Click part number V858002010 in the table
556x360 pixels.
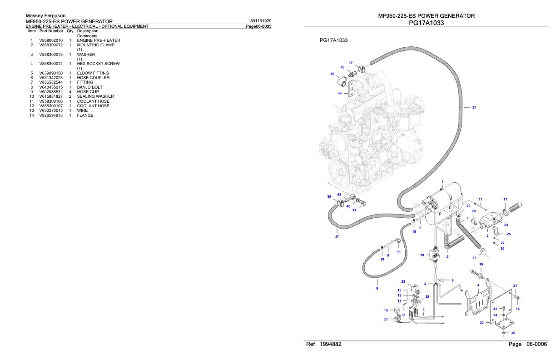51,40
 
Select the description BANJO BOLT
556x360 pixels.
89,87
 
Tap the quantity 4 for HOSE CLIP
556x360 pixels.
70,92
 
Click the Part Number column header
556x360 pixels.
51,31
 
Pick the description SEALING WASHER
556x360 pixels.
95,96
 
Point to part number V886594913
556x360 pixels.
51,115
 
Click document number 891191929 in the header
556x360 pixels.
261,21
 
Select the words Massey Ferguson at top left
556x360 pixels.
45,15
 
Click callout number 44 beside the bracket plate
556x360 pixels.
340,94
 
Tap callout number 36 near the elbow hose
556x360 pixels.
332,74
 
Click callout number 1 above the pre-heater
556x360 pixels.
442,182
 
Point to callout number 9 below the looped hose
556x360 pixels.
377,289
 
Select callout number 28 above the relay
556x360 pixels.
403,281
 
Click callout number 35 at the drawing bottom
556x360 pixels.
513,333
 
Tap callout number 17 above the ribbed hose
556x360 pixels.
505,199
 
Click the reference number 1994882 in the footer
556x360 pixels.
331,344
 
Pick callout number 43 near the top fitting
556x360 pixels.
343,67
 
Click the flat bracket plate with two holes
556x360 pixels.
351,89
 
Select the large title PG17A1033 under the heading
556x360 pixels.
427,23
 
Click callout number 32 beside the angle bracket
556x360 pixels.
482,323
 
